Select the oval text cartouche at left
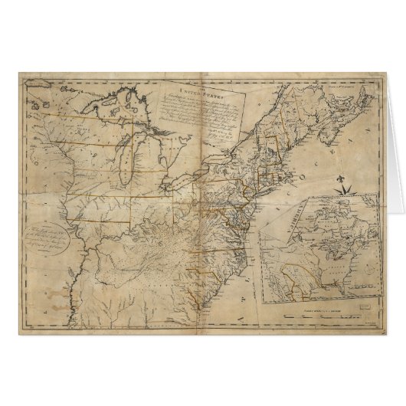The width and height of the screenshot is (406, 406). coord(54,241)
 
